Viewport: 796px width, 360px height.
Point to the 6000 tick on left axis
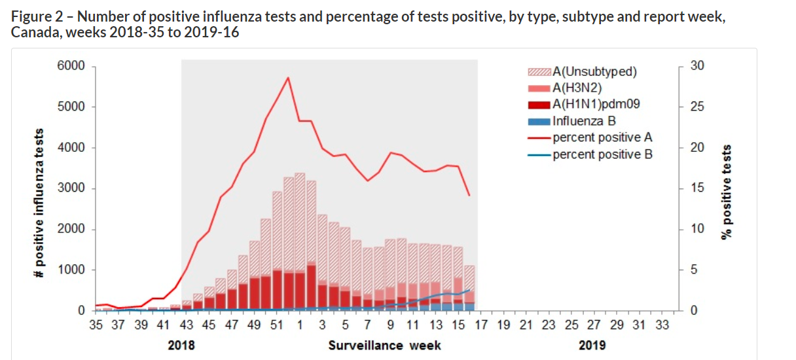point(72,66)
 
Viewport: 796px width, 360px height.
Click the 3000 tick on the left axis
point(72,189)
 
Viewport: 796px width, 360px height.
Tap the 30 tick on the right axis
point(698,66)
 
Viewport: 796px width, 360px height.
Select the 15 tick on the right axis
point(698,189)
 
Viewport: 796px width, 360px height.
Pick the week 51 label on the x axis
point(276,324)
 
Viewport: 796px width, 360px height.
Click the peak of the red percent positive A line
point(287,78)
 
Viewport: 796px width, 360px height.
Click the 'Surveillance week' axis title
point(384,345)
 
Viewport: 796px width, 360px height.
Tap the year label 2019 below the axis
point(592,345)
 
